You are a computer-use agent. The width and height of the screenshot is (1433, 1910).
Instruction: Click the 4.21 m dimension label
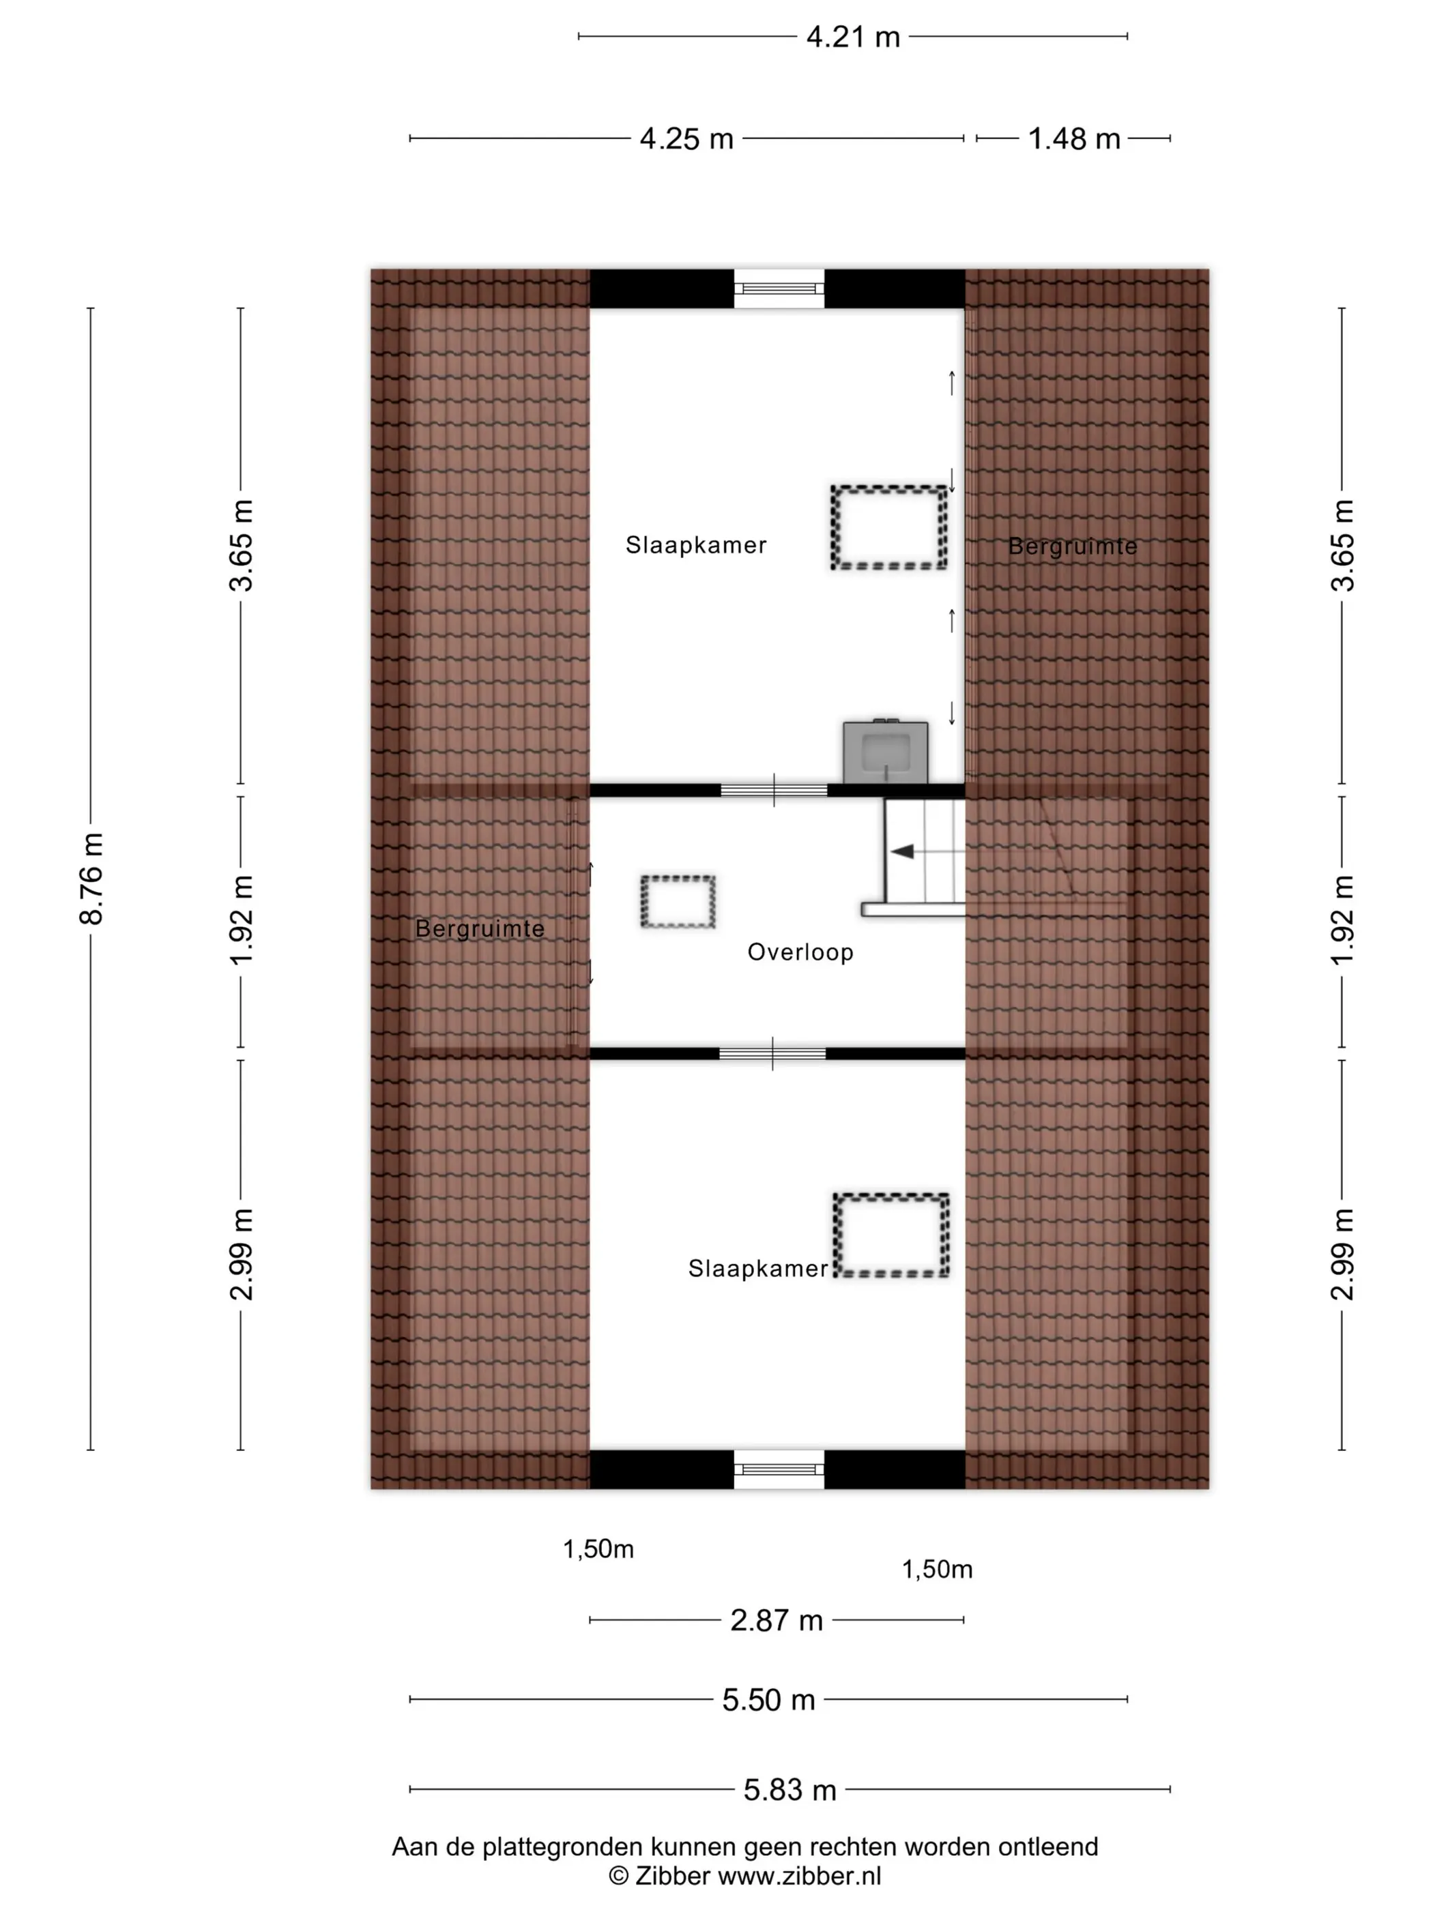pos(852,37)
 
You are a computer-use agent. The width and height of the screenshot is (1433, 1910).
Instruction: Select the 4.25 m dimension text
pos(686,139)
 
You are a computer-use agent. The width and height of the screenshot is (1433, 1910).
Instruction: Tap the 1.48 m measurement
pos(1073,139)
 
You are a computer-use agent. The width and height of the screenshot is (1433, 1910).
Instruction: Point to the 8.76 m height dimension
pos(91,878)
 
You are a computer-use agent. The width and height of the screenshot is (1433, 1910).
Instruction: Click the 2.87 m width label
pos(776,1621)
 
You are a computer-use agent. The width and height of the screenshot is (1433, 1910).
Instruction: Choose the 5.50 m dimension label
pos(768,1700)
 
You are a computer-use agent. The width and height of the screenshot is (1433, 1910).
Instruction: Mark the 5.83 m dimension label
pos(790,1790)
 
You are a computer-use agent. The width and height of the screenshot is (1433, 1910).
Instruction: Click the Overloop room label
pos(800,952)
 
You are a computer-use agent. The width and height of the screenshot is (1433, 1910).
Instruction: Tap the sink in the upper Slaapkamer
pos(885,752)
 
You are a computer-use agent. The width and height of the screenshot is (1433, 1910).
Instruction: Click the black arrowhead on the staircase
pos(903,852)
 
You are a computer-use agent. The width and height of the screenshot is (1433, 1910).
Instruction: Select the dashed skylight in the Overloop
pos(678,902)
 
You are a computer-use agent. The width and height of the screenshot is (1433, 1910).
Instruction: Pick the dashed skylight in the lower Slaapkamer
pos(891,1235)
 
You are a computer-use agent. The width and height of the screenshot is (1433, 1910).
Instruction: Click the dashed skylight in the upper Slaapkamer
pos(889,527)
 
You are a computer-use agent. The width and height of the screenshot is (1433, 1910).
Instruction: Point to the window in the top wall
pos(779,289)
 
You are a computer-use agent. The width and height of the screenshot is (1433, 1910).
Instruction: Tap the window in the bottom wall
pos(779,1469)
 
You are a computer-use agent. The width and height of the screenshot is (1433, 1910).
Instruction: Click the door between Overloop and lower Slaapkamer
pos(772,1053)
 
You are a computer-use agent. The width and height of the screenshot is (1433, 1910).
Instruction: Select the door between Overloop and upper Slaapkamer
pos(774,790)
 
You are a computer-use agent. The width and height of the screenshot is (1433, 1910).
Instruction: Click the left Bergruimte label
pos(480,929)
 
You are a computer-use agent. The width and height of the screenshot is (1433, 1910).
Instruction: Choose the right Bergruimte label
pos(1073,546)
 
